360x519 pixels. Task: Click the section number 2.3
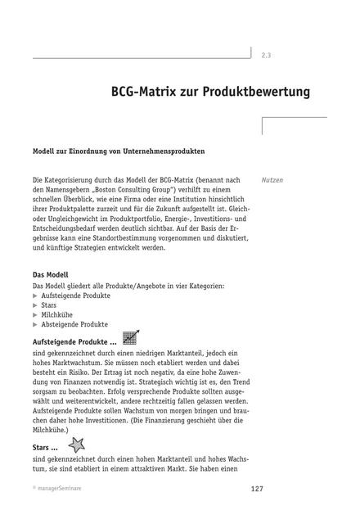[266, 56]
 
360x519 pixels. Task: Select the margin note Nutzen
[272, 179]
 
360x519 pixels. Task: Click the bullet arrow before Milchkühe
[35, 314]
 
